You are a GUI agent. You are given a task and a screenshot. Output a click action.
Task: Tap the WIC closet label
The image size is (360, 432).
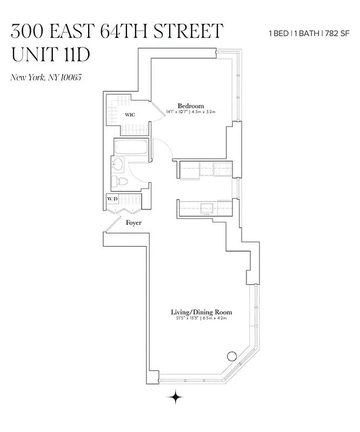click(x=130, y=114)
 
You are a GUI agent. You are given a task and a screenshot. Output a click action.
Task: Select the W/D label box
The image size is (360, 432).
click(x=112, y=199)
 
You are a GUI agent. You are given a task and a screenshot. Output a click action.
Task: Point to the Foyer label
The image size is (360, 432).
click(x=134, y=222)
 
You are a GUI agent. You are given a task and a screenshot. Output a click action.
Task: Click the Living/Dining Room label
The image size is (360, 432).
click(x=201, y=312)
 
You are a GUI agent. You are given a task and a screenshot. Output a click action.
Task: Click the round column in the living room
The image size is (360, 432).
click(x=232, y=356)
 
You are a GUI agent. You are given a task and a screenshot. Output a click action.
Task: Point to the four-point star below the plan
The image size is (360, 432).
click(x=175, y=397)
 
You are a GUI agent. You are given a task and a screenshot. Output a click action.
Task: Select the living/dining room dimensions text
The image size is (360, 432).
click(x=201, y=319)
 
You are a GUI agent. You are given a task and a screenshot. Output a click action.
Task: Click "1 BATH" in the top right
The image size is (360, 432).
click(x=306, y=33)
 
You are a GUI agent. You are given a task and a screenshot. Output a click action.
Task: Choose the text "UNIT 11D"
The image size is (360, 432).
click(x=50, y=55)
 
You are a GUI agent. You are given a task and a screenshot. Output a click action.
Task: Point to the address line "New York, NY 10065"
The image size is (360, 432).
click(x=45, y=77)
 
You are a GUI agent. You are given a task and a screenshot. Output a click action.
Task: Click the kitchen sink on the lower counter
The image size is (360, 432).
click(x=206, y=207)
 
